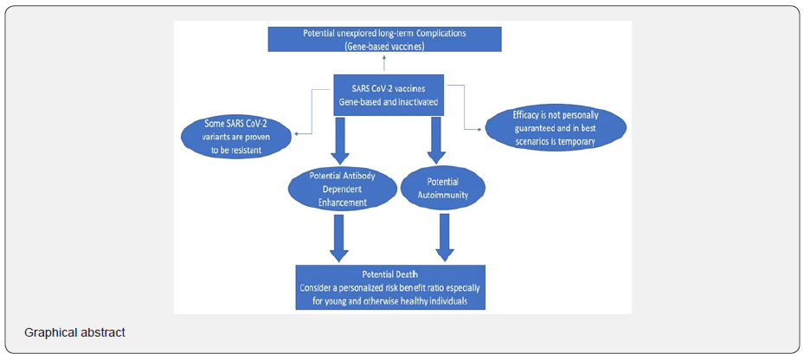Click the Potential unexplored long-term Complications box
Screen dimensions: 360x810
coord(384,39)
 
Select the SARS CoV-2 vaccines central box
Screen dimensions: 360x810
coord(390,94)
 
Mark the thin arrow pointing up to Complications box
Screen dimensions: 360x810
coord(386,64)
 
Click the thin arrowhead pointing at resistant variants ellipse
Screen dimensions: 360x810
coord(298,133)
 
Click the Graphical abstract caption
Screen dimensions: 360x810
coord(74,332)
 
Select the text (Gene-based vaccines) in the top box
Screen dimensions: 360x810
coord(384,45)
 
